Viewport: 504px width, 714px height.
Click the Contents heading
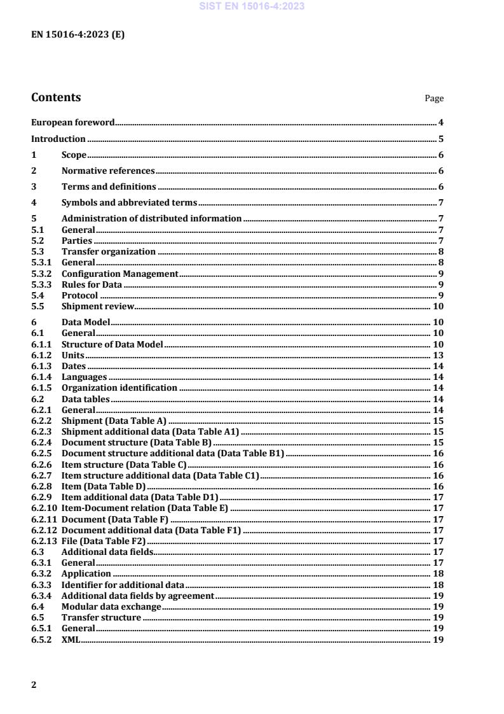pos(56,97)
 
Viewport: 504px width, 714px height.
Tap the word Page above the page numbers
pos(434,99)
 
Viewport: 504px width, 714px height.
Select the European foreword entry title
pos(73,122)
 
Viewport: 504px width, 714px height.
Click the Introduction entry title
pos(58,139)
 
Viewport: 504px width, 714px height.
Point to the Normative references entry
pos(108,171)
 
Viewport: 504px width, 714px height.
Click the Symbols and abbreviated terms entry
pos(129,202)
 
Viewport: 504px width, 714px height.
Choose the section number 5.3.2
pos(42,273)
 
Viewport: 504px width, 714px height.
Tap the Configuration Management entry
pos(119,273)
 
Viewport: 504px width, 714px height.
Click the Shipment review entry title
pos(98,305)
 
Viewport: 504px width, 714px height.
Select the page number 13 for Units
pos(439,354)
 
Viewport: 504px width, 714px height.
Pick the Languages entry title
pos(84,377)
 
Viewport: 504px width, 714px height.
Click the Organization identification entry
pos(119,388)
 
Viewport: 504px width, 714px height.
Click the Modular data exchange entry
pos(111,606)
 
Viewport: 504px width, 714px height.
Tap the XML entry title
pos(70,640)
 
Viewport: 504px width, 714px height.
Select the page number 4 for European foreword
pos(440,122)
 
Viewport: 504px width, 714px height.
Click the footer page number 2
pos(34,685)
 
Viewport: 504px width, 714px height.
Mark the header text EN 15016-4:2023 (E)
pos(78,35)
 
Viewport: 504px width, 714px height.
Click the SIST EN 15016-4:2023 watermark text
pos(252,6)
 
